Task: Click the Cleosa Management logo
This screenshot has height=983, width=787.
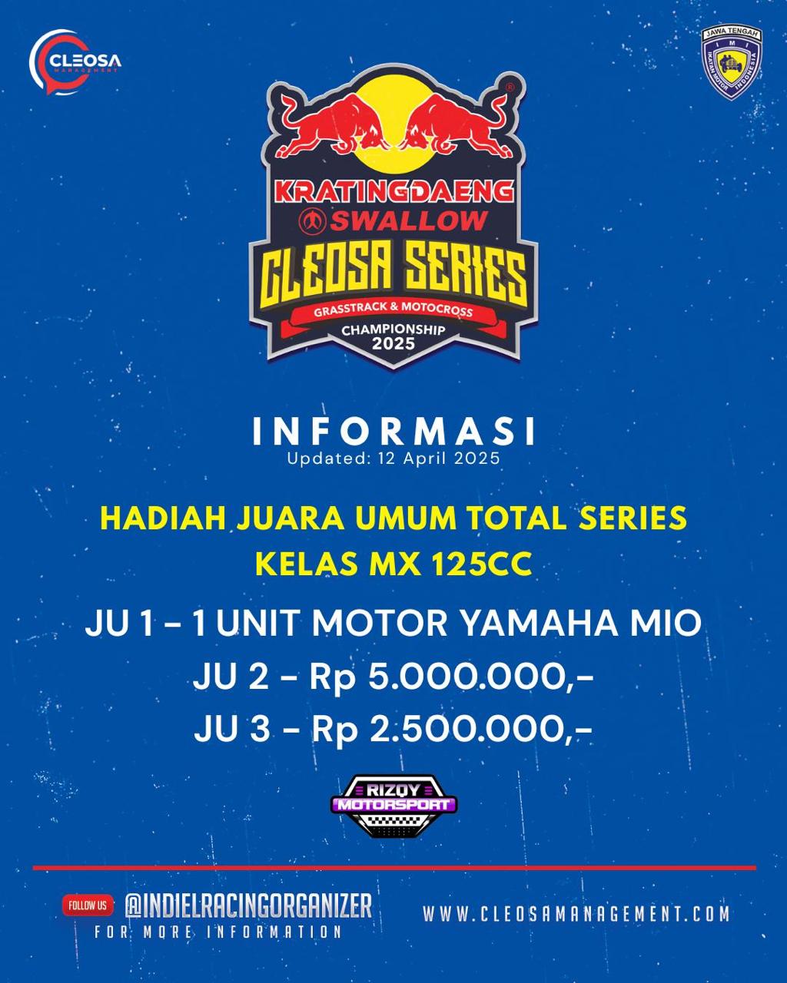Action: [75, 61]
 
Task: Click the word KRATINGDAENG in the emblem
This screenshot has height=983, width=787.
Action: [393, 191]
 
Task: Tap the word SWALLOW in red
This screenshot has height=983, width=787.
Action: [408, 220]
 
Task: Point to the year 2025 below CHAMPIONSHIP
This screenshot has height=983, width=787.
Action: [393, 343]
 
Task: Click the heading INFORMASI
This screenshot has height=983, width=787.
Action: [393, 432]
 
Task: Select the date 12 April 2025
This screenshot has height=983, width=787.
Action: [440, 458]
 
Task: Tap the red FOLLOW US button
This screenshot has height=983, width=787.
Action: [88, 905]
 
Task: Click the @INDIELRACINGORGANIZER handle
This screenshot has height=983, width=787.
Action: [248, 905]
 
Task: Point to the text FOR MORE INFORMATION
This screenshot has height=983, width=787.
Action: [218, 932]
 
